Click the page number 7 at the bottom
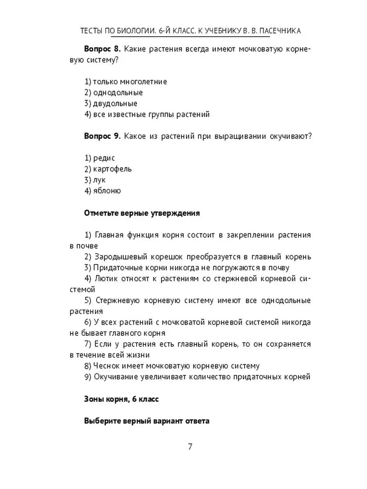(x=190, y=446)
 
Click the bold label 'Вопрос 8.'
(x=102, y=49)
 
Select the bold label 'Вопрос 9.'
(x=102, y=136)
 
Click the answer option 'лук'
(x=98, y=180)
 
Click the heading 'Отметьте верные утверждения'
(x=142, y=213)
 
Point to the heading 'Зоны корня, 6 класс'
(x=121, y=399)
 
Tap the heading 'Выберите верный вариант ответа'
(x=147, y=421)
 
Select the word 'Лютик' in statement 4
(x=106, y=279)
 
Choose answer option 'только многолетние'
(x=126, y=81)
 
